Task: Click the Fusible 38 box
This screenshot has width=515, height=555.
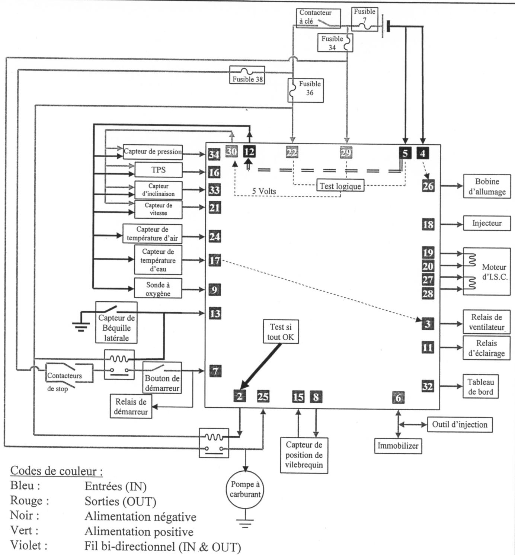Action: click(x=247, y=75)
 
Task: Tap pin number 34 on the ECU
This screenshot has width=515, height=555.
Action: click(x=214, y=154)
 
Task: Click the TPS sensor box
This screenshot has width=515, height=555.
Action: click(x=159, y=170)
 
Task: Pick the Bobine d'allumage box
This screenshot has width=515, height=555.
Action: click(x=487, y=186)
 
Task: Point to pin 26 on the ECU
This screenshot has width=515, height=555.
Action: click(x=428, y=186)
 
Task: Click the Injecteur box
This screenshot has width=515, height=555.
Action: click(x=487, y=223)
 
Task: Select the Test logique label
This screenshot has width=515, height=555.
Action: click(x=340, y=186)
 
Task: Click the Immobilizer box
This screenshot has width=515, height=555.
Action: click(x=398, y=446)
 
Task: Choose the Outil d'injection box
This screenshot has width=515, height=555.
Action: click(x=460, y=424)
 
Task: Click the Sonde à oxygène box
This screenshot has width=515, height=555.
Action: click(x=158, y=289)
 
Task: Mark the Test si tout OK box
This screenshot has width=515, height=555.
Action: click(x=281, y=332)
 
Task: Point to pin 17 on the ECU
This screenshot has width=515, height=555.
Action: click(x=214, y=260)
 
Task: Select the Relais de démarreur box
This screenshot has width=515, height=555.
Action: click(x=131, y=407)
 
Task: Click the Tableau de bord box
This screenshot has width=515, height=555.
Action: click(x=481, y=386)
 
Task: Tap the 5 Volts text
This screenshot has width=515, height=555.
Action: click(x=264, y=191)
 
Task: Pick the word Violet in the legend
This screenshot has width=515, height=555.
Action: click(x=25, y=546)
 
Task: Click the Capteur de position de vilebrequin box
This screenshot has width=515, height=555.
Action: click(x=304, y=455)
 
